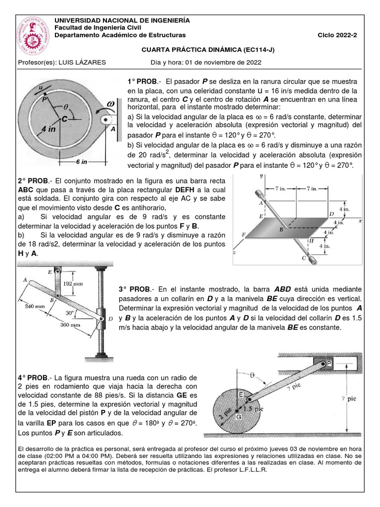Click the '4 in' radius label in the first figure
click(48, 129)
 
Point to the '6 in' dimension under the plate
click(82, 162)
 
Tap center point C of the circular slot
click(64, 119)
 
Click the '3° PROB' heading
click(135, 289)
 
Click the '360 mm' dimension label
click(69, 325)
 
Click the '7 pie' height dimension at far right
click(351, 398)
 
